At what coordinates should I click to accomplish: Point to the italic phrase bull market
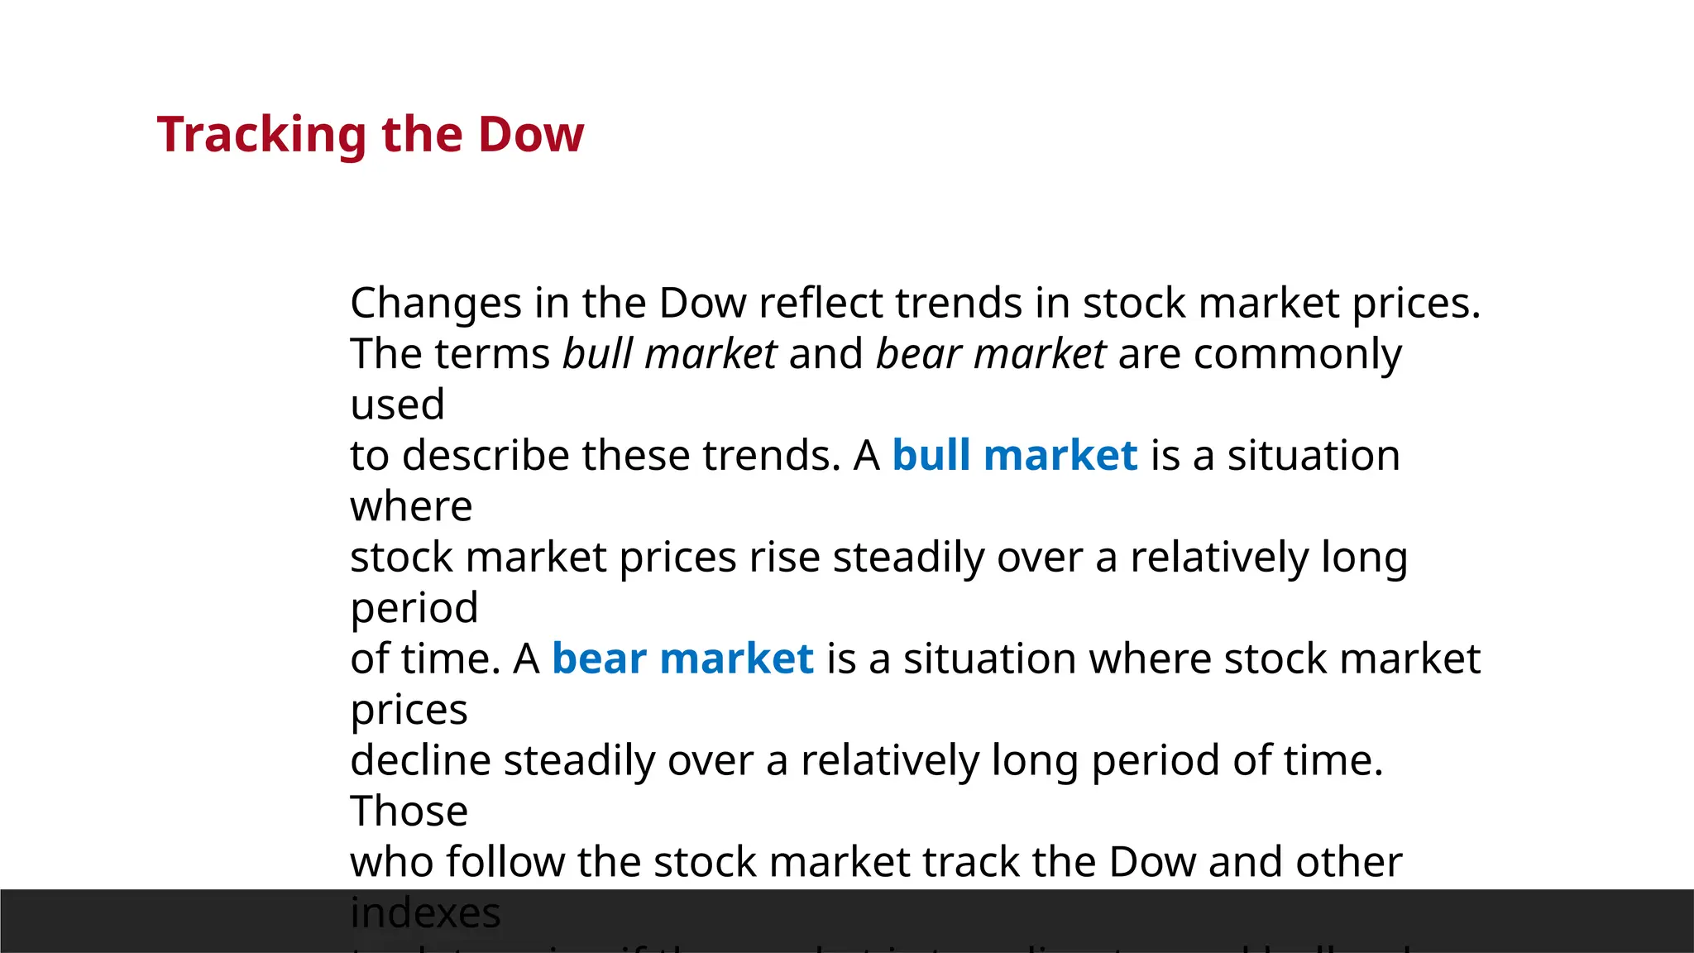click(670, 354)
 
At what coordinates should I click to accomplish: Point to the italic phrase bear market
click(991, 354)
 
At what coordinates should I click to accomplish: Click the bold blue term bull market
click(1015, 456)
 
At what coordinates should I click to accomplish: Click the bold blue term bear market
click(682, 659)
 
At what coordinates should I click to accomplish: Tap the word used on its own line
click(397, 405)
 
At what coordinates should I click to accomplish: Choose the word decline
click(420, 761)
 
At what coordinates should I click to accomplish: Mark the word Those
click(409, 812)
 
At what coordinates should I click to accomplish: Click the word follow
click(505, 862)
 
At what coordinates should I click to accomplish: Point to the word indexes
click(425, 913)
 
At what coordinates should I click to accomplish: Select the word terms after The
click(492, 354)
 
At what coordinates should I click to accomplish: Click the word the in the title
click(422, 135)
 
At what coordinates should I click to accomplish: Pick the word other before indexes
click(1348, 862)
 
